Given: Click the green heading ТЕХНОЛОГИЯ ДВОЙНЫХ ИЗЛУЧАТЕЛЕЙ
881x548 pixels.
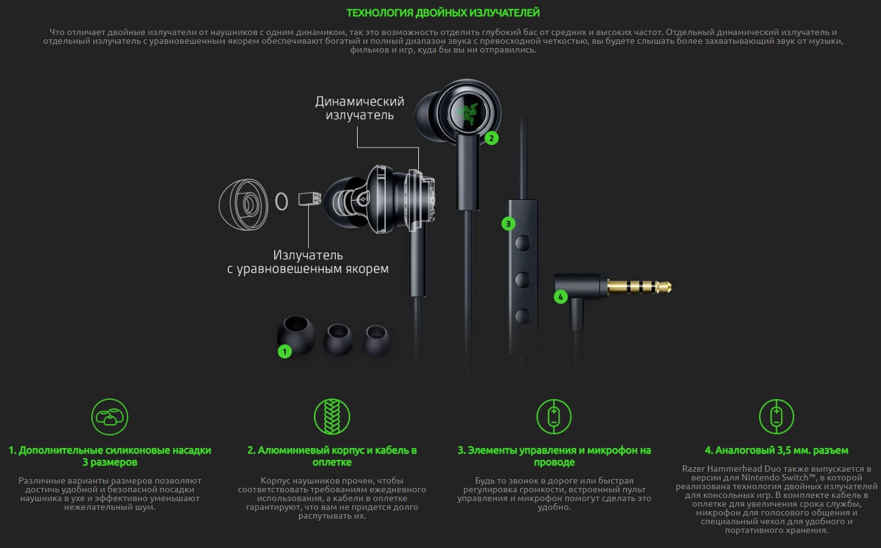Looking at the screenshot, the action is tap(443, 13).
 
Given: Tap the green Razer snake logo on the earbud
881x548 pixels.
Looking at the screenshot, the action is tap(468, 113).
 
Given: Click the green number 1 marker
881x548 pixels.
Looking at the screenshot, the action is tap(284, 352).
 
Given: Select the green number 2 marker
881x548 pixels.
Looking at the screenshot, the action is tap(491, 138).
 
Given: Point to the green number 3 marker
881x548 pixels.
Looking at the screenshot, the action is tap(508, 224).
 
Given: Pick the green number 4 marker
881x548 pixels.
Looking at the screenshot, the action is tap(560, 297).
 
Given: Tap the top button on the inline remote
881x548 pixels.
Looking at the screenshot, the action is tap(523, 243).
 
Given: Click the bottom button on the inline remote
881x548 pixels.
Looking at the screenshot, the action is tap(523, 317).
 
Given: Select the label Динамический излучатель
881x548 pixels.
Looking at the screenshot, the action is tap(360, 108).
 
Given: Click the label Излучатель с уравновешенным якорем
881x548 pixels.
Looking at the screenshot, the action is tap(308, 262).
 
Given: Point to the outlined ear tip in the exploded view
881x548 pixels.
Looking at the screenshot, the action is tap(243, 205).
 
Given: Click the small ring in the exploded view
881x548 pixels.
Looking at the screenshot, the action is tap(281, 201).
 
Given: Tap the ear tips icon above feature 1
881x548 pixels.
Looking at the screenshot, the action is tap(109, 417).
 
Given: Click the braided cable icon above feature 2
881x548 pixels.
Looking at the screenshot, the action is tap(332, 417).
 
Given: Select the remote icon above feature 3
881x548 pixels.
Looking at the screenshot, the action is tap(554, 417).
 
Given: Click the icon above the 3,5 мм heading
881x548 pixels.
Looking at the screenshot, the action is tap(777, 417).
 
